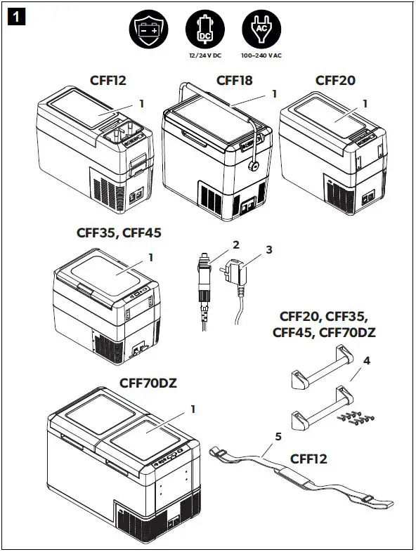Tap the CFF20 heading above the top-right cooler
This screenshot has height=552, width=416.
[x=335, y=81]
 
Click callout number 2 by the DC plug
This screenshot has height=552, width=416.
[x=236, y=245]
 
